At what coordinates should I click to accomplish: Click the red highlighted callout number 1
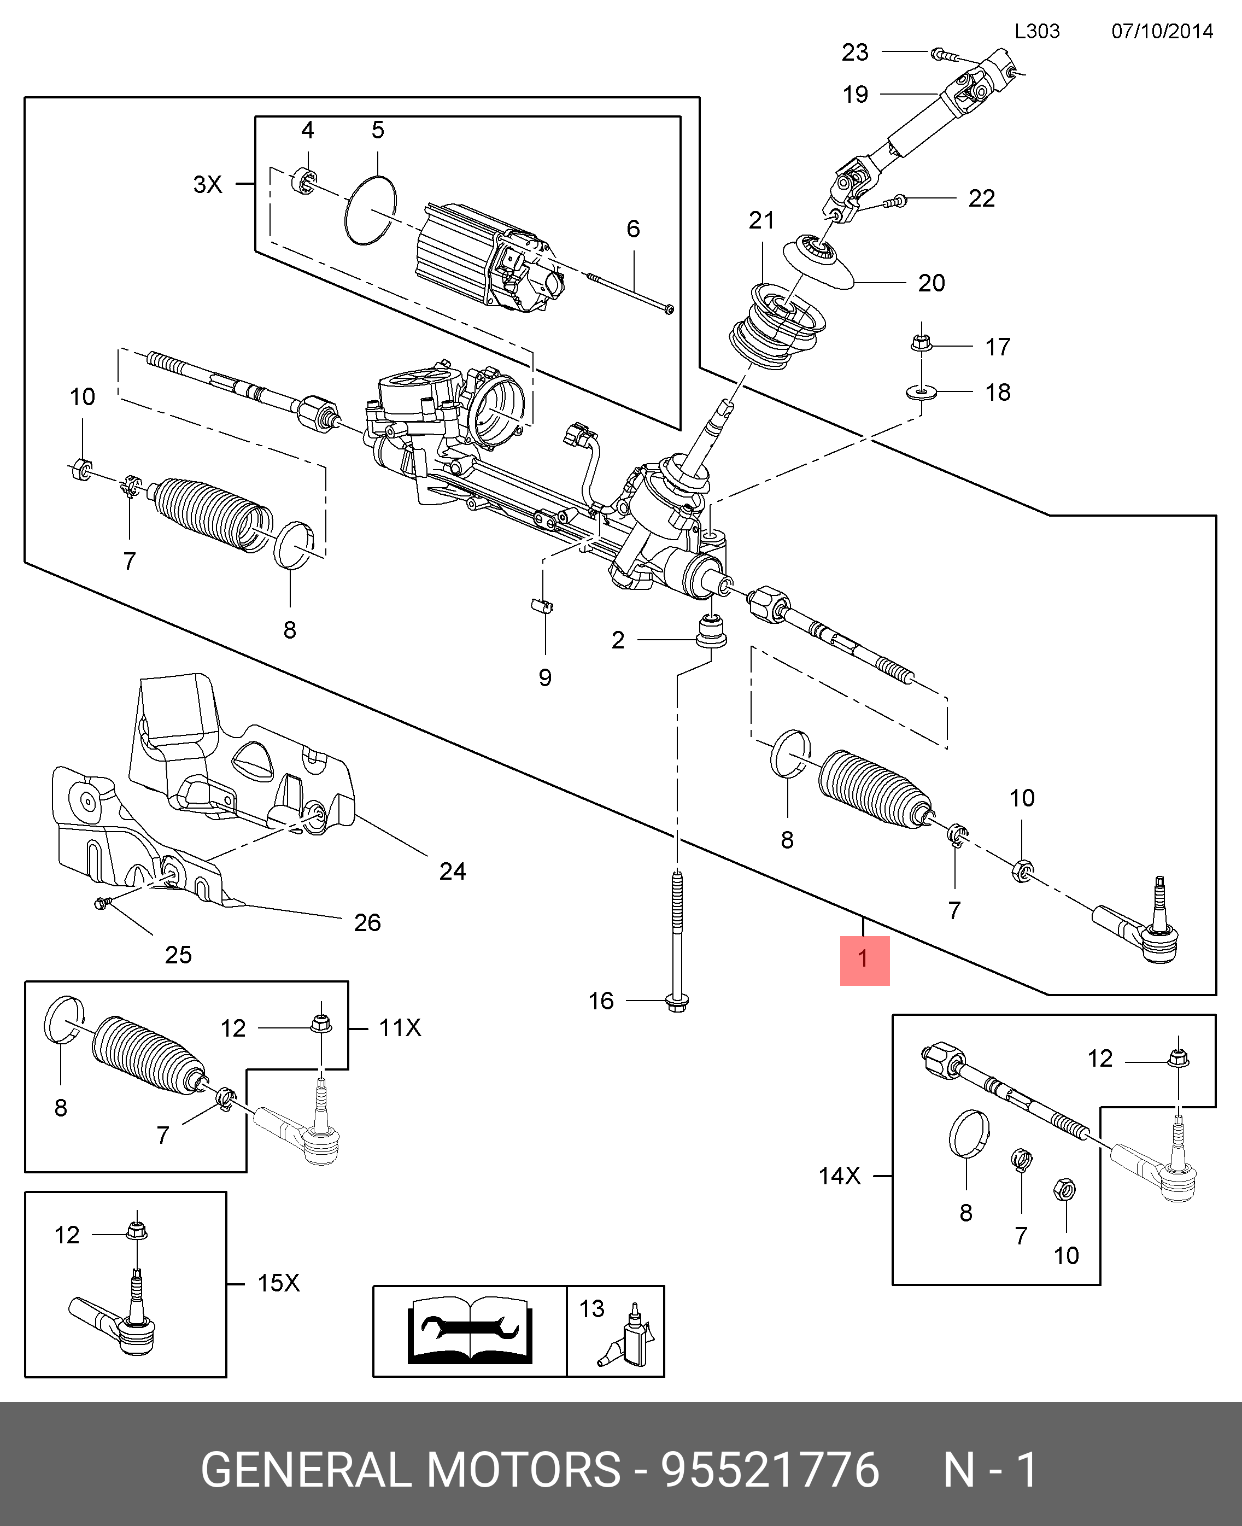[864, 960]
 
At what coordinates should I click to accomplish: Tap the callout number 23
[855, 52]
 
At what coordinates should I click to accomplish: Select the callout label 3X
[208, 185]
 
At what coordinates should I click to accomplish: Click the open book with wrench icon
[470, 1331]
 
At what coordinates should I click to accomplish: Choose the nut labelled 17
[921, 345]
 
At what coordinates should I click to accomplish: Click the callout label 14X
[840, 1176]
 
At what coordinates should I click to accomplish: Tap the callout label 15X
[278, 1283]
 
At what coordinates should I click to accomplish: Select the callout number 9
[545, 677]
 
